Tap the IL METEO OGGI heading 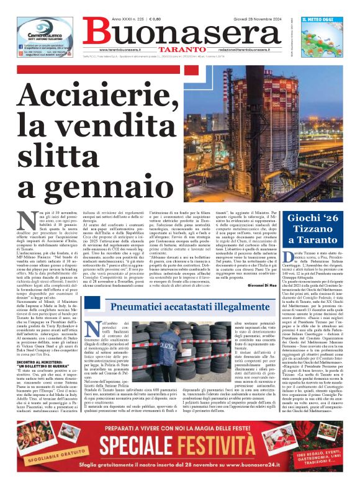[322, 19]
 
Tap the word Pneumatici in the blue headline [145, 307]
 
